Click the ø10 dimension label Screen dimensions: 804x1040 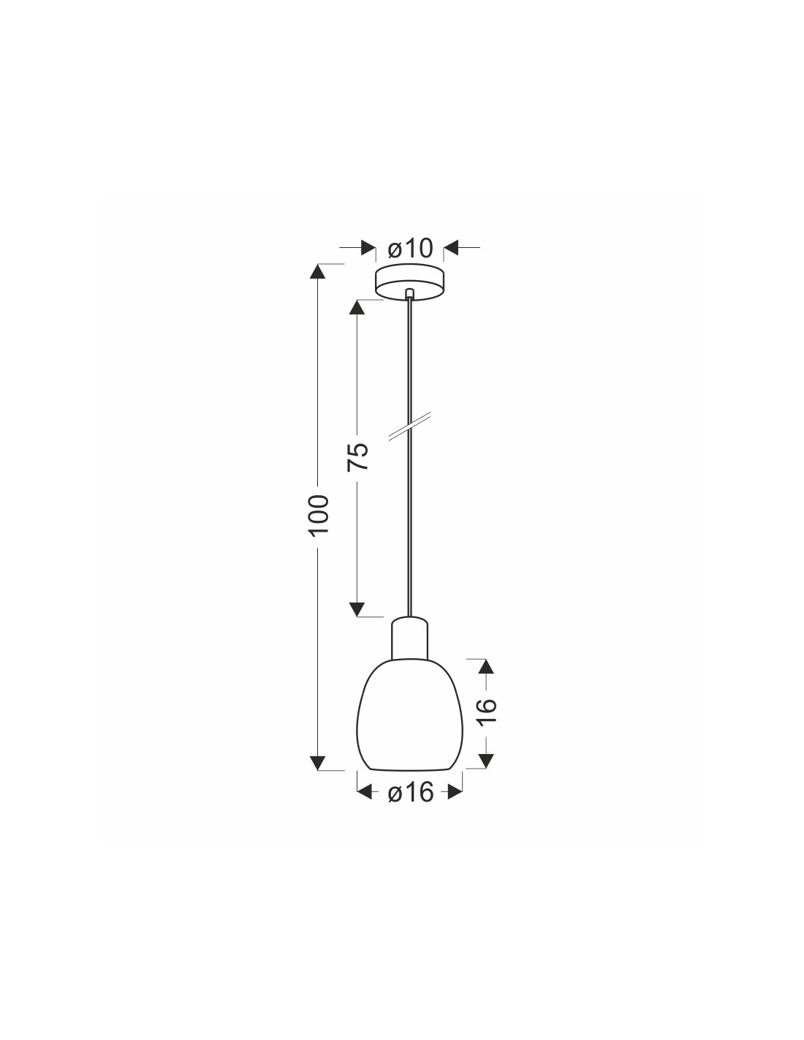[x=410, y=248]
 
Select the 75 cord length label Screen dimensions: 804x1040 [x=357, y=456]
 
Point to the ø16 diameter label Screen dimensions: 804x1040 [x=410, y=793]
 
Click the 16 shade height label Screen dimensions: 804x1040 [x=488, y=712]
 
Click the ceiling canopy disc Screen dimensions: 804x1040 [x=409, y=283]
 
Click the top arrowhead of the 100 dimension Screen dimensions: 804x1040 [x=318, y=271]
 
